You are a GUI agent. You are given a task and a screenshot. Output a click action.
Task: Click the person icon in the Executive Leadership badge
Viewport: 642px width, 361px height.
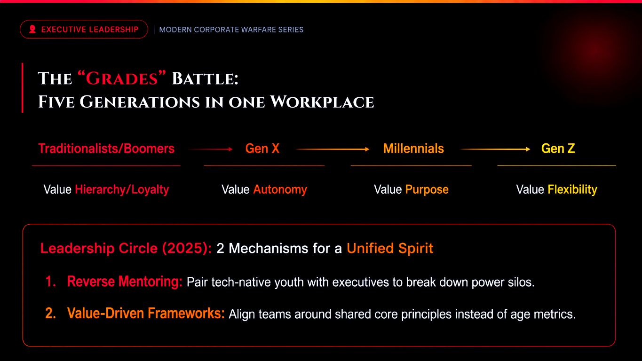coord(32,29)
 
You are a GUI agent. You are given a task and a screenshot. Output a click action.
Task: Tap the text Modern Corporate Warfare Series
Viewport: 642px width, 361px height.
coord(231,30)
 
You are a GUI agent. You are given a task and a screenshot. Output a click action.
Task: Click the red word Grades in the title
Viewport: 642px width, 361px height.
coord(122,78)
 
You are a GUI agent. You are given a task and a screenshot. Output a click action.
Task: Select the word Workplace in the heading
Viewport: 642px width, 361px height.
coord(322,102)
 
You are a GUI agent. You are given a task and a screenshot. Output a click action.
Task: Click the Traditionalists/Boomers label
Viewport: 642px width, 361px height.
coord(106,149)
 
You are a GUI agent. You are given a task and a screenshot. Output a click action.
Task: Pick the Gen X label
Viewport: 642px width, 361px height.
coord(262,149)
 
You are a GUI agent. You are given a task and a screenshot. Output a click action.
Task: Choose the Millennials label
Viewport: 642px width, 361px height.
coord(413,149)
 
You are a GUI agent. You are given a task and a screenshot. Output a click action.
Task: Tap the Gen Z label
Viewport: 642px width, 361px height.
coord(558,149)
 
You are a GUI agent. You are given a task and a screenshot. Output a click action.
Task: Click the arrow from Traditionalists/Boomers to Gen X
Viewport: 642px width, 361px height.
coord(210,149)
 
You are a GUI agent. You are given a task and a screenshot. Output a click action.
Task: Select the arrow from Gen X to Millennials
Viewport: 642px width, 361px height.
coord(333,149)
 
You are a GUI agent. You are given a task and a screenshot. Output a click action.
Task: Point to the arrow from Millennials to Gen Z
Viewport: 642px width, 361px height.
coord(495,149)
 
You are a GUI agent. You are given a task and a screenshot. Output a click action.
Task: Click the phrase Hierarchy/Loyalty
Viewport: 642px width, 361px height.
coord(122,190)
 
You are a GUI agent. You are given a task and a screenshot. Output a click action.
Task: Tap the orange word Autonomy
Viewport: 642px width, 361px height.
coord(280,189)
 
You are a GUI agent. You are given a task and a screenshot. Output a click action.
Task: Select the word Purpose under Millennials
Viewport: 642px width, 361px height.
coord(427,190)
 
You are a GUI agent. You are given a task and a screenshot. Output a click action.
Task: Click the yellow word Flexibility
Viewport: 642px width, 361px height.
coord(572,190)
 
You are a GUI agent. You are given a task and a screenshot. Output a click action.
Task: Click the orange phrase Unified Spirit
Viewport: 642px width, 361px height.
coord(390,248)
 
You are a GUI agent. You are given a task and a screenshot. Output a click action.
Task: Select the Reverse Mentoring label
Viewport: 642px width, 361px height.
coord(125,282)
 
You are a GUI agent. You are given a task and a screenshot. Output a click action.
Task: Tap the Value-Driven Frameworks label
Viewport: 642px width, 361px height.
coord(146,313)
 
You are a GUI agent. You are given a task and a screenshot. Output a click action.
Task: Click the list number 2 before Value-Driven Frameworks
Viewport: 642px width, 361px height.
coord(50,313)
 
